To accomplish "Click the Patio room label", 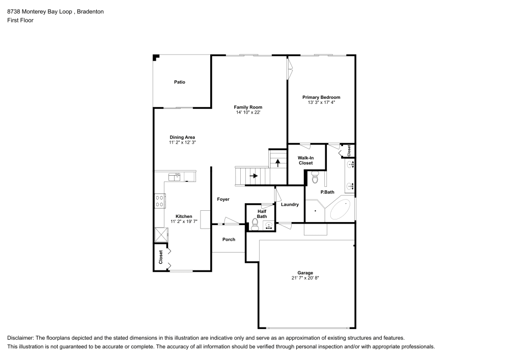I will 179,81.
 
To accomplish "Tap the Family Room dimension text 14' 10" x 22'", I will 248,112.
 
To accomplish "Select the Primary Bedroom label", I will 321,97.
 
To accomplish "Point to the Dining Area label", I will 182,137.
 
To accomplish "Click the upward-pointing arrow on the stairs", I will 278,163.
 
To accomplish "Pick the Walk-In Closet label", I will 305,160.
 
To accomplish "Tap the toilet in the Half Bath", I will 255,223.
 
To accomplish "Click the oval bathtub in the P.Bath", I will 340,209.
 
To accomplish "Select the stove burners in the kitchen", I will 159,201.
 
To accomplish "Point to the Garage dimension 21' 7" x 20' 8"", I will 305,278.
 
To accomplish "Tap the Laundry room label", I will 289,205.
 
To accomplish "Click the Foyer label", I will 223,199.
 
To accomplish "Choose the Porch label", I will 229,239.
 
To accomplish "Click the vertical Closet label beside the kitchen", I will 161,257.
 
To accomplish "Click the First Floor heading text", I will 20,20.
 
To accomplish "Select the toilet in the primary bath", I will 315,178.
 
